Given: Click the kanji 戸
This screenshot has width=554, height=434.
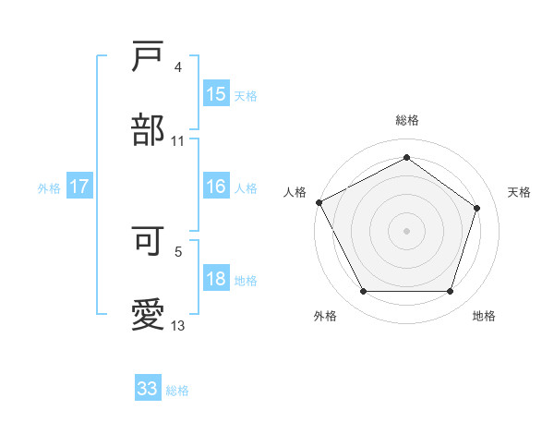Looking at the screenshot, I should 149,57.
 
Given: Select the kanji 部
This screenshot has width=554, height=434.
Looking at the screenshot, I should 149,130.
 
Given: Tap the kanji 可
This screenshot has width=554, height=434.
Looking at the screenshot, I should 149,241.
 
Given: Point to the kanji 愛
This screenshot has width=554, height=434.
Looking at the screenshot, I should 149,316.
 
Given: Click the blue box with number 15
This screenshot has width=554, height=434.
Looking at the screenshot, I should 216,94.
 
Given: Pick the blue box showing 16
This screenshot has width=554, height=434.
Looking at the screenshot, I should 216,187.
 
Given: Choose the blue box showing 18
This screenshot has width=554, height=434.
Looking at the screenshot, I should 216,280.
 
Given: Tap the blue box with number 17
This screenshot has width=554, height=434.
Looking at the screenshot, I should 79,187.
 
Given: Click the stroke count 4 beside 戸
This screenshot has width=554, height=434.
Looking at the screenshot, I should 178,67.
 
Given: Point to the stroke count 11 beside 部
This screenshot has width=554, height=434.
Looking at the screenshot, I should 178,141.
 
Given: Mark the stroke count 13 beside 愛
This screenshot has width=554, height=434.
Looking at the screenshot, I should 178,326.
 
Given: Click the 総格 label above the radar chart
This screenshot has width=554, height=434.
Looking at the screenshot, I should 406,120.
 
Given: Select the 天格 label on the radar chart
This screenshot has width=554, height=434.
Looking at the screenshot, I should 519,192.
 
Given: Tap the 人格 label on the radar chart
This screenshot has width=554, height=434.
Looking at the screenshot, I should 295,192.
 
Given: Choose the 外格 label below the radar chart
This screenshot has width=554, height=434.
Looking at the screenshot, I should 324,316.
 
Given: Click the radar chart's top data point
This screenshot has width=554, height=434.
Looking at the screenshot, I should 406,158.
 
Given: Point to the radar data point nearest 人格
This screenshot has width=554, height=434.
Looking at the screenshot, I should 319,202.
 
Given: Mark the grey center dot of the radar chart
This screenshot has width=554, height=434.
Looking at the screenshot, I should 406,231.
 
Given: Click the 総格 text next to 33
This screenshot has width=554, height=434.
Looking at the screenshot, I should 177,391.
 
